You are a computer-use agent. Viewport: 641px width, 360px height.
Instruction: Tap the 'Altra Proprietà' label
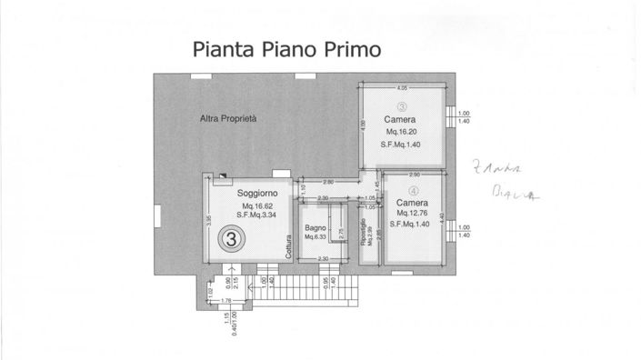point(229,118)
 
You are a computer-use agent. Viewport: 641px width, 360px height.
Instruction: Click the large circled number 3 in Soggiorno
point(232,240)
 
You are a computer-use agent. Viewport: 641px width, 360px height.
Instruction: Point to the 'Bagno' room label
point(315,227)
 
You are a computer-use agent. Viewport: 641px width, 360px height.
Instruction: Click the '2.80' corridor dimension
point(328,182)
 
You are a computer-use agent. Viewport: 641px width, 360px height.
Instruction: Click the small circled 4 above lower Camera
point(414,191)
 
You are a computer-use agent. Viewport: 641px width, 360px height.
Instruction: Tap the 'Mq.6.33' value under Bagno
point(317,238)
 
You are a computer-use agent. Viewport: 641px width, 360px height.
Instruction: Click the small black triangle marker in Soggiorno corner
point(223,179)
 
